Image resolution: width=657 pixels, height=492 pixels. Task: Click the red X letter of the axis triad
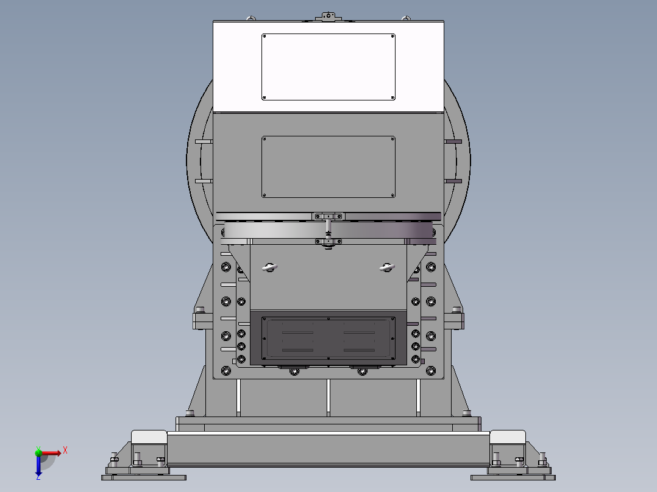(65, 450)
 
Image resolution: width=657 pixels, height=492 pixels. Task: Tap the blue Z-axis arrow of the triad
(38, 466)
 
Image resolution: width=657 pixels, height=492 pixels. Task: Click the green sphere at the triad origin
(38, 452)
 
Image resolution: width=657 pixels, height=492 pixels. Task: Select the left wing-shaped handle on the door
(269, 266)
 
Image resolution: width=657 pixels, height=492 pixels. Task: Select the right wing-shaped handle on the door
(386, 266)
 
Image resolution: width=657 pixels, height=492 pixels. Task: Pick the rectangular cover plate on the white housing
(328, 67)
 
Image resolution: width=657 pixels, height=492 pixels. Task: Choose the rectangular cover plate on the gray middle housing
(328, 167)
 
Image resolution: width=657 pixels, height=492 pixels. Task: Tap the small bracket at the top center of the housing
(328, 17)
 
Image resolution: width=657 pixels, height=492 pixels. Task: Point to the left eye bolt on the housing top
(249, 18)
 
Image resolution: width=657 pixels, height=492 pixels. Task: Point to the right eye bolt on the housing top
(407, 18)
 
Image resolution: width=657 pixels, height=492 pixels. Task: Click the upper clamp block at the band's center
(328, 216)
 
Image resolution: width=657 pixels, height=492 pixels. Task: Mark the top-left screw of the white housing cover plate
(265, 37)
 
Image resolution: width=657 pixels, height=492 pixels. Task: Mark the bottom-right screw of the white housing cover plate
(392, 97)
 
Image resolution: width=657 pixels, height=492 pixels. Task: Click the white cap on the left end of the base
(149, 437)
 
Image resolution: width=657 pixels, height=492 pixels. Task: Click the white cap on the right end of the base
(508, 437)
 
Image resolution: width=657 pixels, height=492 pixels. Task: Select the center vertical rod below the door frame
(328, 397)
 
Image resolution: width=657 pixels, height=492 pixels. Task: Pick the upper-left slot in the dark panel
(297, 332)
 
